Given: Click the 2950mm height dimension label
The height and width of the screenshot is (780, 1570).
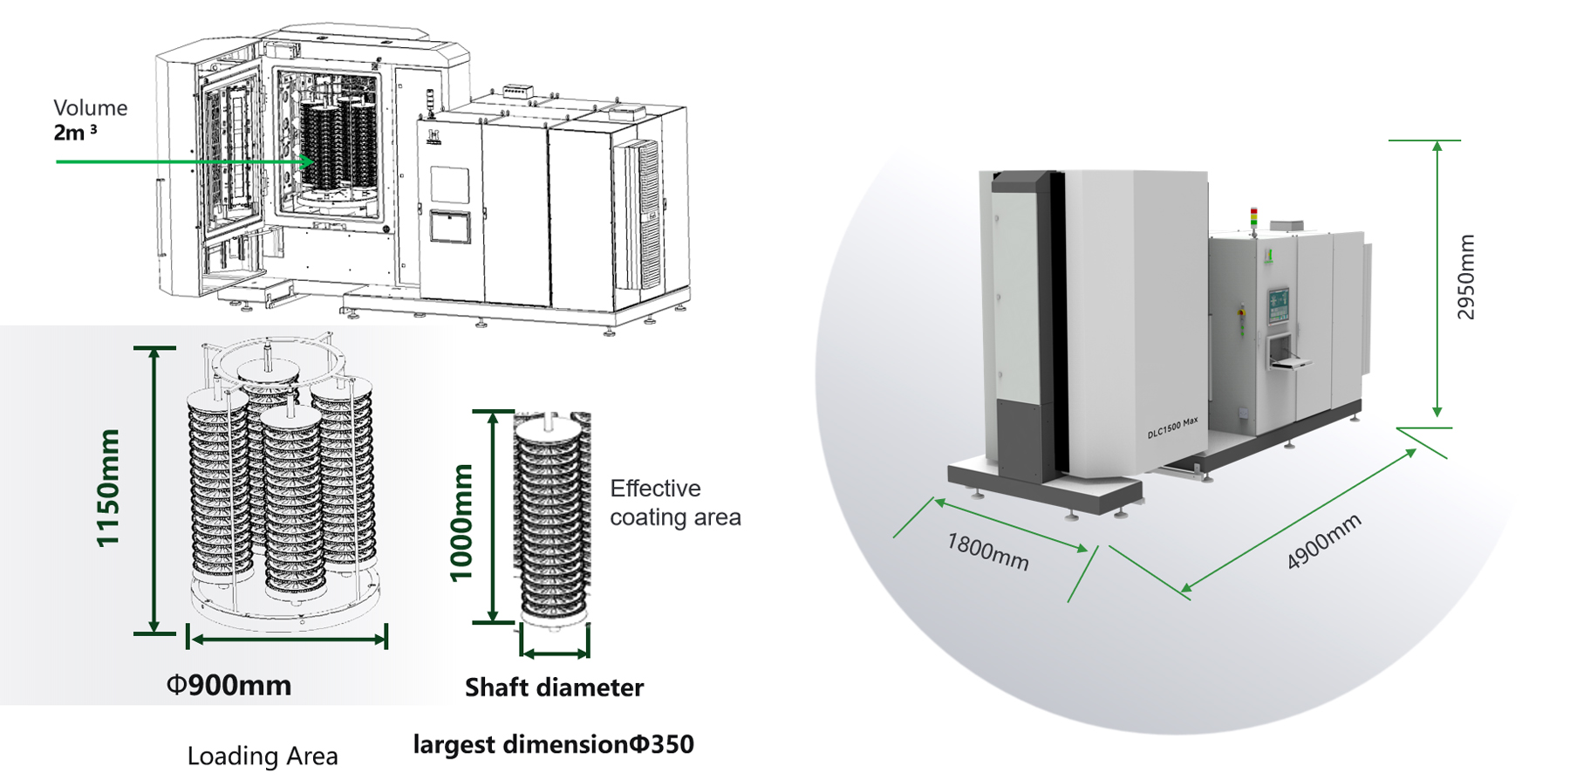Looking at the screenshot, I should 1466,277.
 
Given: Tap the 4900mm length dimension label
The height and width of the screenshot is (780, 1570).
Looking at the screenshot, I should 1323,542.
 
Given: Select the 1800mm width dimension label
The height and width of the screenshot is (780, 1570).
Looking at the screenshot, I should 987,551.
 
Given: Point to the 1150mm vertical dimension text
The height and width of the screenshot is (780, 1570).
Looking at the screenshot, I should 107,488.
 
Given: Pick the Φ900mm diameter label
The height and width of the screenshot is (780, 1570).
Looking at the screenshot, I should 229,686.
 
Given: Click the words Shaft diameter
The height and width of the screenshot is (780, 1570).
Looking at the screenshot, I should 554,688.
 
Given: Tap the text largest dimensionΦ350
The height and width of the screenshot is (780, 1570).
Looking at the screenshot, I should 553,744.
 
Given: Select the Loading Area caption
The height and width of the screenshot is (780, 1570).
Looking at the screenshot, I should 263,756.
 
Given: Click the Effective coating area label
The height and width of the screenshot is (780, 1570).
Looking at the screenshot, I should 674,503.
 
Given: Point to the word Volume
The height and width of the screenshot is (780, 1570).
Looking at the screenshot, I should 91,108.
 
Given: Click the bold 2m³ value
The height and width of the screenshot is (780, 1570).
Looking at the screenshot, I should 75,133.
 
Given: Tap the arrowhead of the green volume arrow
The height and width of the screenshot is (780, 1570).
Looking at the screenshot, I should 307,161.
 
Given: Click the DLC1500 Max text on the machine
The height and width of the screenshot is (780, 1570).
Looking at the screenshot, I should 1171,428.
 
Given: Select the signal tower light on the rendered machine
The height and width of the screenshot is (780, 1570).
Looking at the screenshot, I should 1254,217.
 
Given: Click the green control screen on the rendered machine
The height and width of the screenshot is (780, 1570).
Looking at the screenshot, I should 1278,305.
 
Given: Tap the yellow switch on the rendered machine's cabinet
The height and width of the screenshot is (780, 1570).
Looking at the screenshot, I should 1241,310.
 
